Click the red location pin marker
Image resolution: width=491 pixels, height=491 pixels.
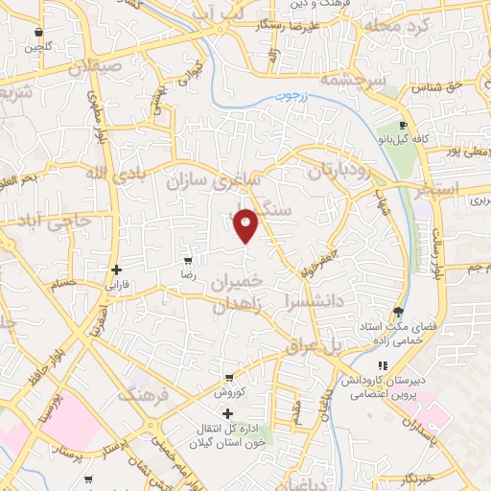click(x=247, y=224)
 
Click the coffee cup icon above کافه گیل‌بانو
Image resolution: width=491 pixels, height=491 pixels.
click(x=404, y=125)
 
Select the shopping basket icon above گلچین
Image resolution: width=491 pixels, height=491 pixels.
click(x=37, y=33)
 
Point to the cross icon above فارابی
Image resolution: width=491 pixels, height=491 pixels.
click(x=116, y=269)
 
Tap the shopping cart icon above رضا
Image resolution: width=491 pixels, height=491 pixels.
click(x=188, y=260)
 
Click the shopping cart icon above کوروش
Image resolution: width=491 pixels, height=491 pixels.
click(x=228, y=378)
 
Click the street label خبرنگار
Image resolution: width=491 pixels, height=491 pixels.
click(x=419, y=477)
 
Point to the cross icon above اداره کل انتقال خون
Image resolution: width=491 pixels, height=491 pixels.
click(x=227, y=412)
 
